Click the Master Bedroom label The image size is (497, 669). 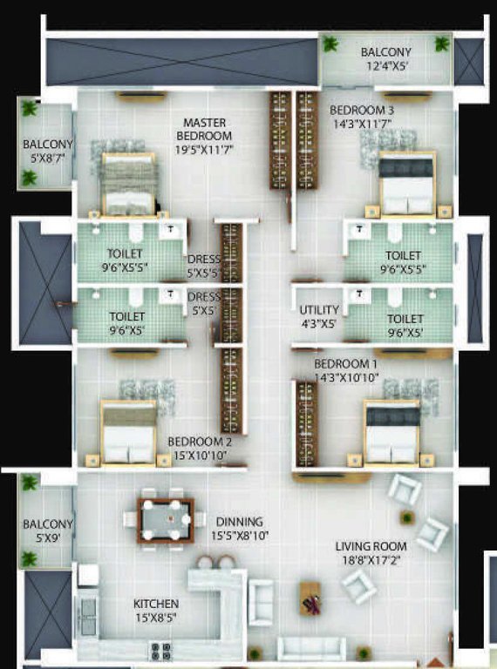[204, 136]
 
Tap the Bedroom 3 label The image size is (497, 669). [361, 117]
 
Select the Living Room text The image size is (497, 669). [371, 552]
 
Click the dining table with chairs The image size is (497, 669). [166, 521]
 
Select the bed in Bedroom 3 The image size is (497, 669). [405, 184]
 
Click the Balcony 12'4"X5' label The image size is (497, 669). [386, 58]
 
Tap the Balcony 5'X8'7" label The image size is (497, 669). [47, 151]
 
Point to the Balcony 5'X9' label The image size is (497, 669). [47, 530]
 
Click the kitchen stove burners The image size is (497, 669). [160, 648]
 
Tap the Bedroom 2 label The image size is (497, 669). [200, 448]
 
